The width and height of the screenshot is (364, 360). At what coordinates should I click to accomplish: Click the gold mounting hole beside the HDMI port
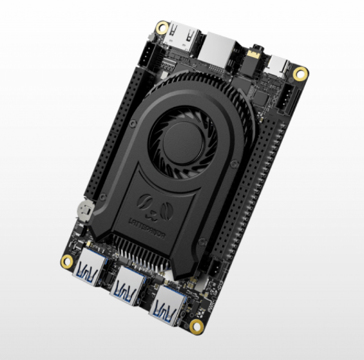point(163,28)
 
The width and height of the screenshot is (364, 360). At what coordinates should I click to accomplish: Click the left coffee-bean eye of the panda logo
point(147,202)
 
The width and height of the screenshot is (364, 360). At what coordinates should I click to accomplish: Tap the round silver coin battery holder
point(82,209)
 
